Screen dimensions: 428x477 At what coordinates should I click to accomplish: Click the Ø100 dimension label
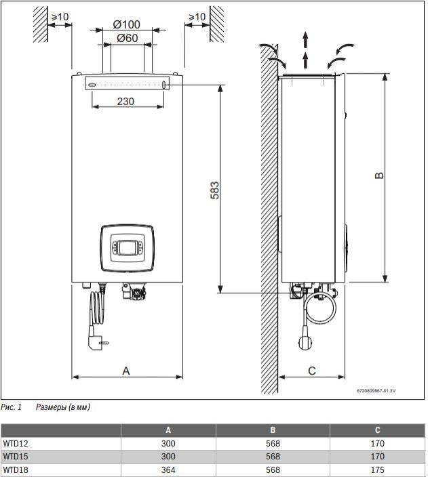(x=126, y=24)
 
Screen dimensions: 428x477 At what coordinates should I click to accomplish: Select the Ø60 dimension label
(x=128, y=38)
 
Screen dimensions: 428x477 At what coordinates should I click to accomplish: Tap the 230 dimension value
(x=125, y=101)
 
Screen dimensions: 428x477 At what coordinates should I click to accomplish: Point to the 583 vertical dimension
(x=214, y=190)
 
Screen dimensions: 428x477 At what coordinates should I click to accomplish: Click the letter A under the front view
(x=126, y=371)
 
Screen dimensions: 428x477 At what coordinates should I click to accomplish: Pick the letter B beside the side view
(x=379, y=175)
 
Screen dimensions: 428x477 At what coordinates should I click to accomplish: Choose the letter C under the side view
(x=312, y=371)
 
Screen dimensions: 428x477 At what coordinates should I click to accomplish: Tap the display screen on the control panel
(x=128, y=248)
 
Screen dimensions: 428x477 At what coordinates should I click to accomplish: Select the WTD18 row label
(x=16, y=470)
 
